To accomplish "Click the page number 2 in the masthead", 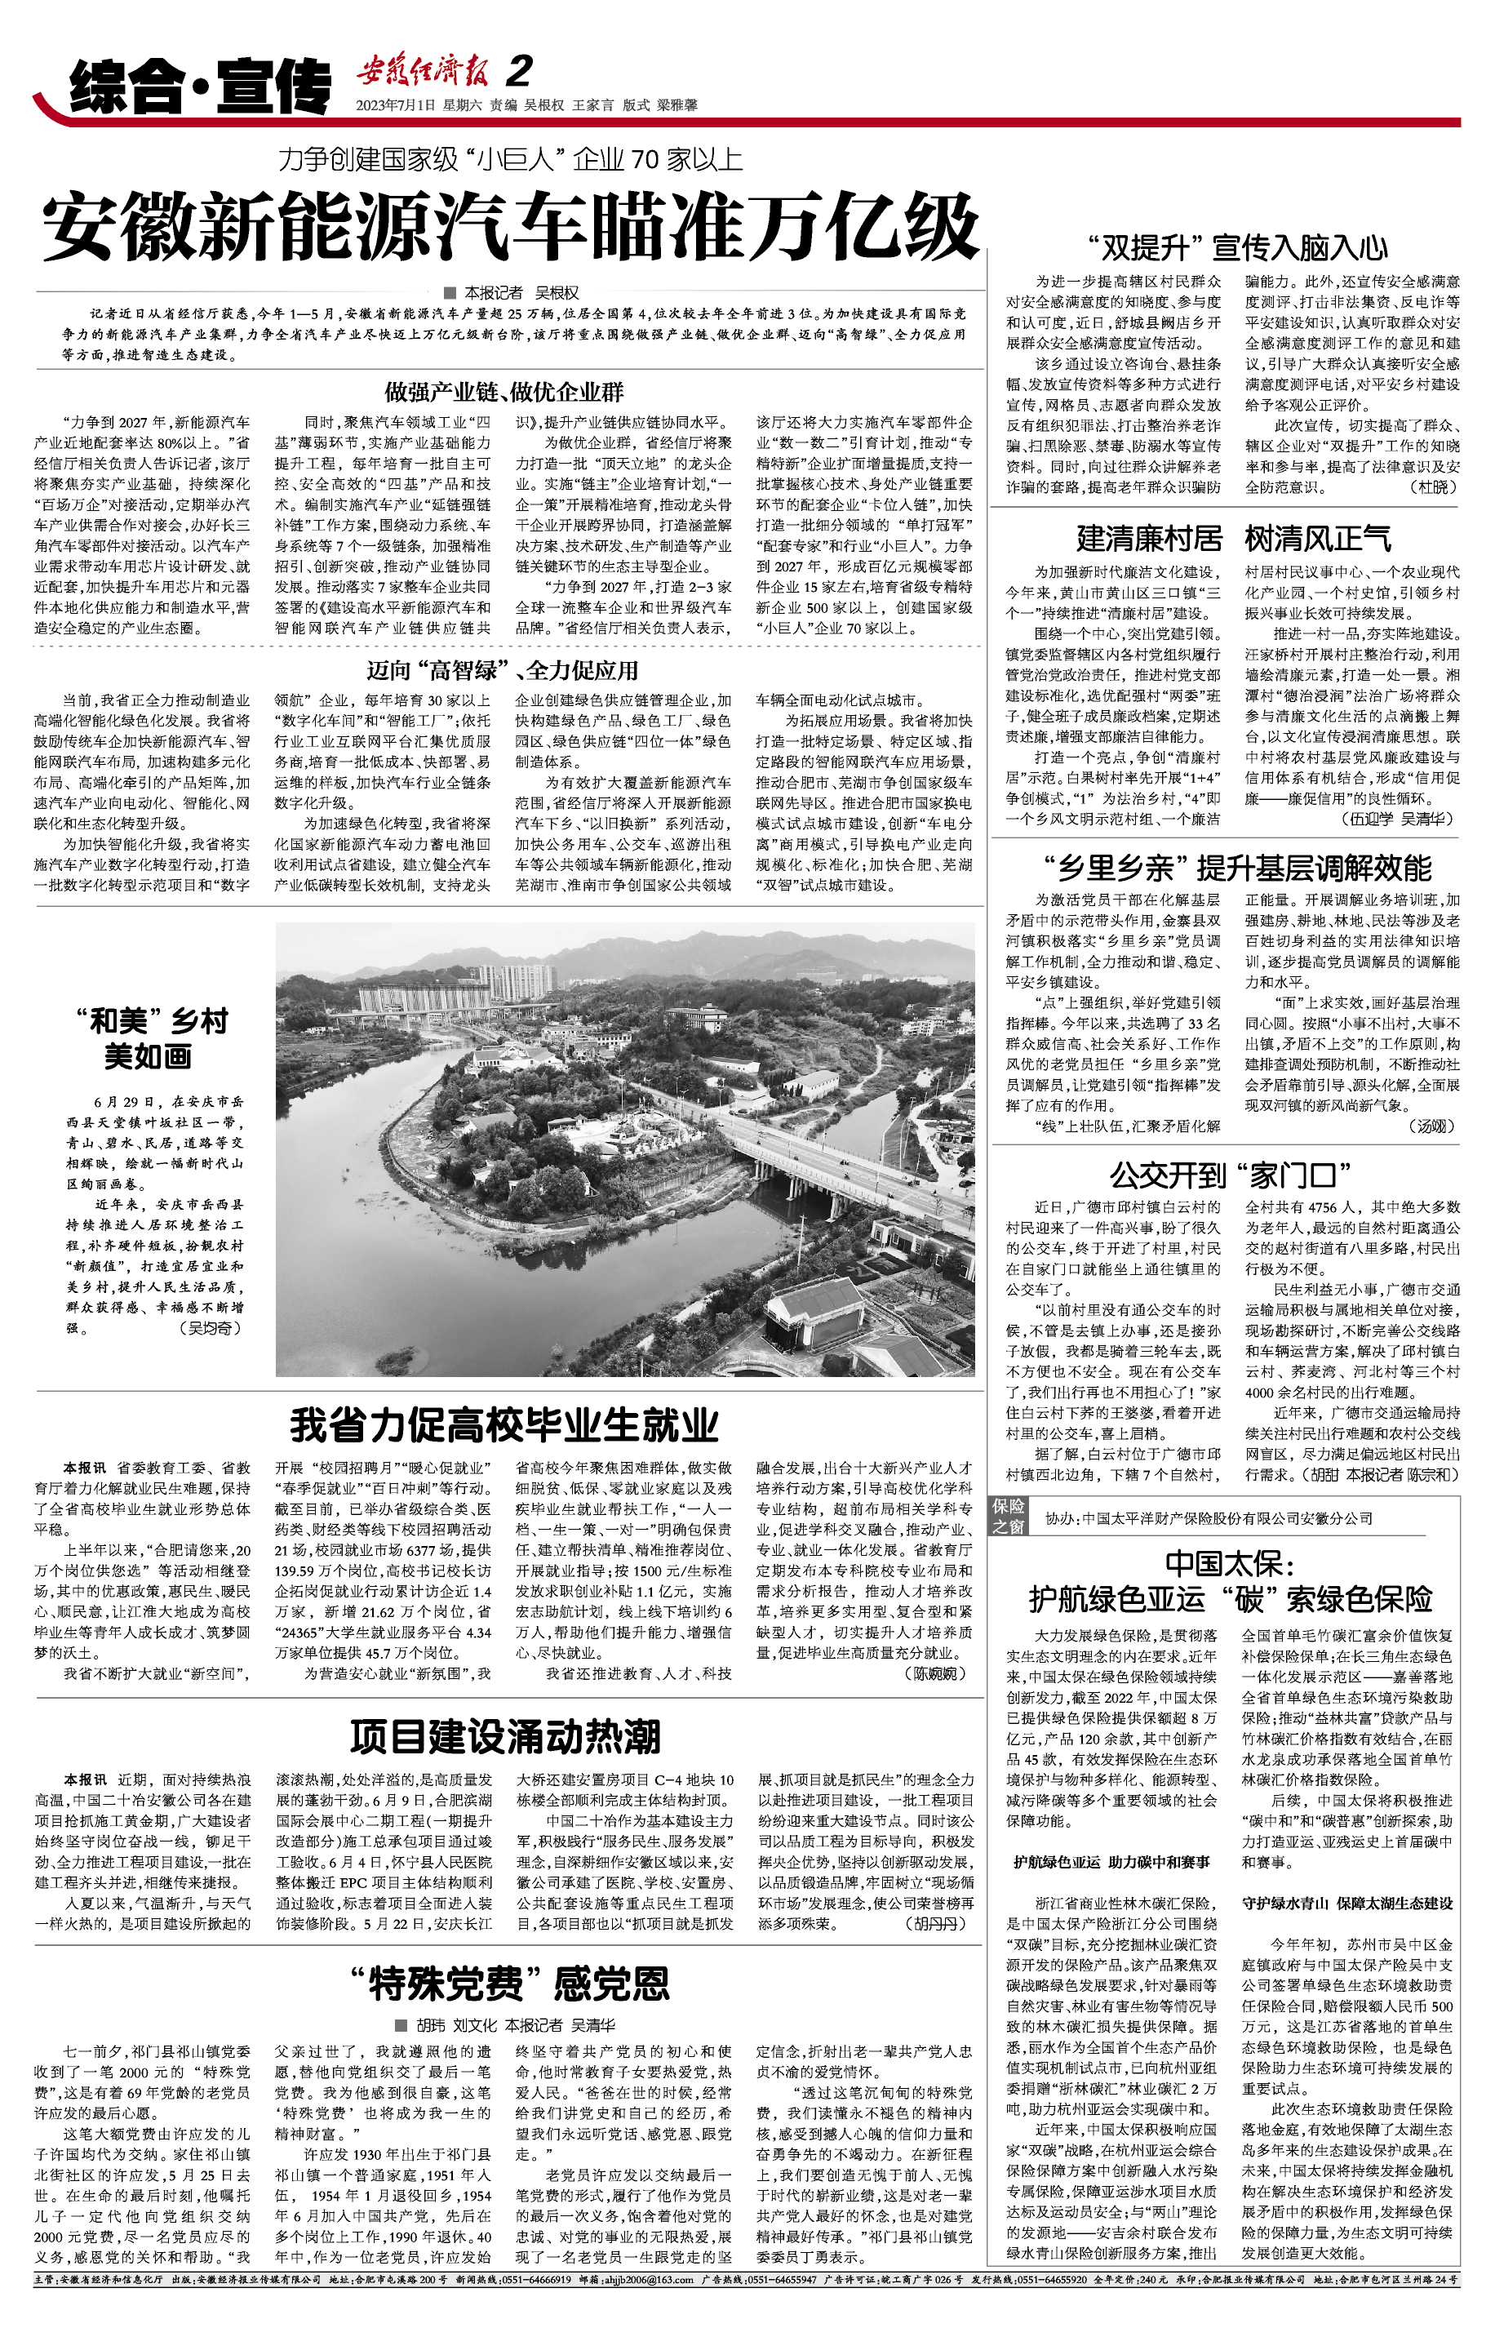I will click(521, 71).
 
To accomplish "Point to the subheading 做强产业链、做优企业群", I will click(504, 393).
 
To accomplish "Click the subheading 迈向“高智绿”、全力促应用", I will click(502, 670).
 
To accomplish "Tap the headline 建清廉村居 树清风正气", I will click(1233, 538).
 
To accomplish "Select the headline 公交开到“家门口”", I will click(1230, 1175).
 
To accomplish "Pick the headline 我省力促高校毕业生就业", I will click(504, 1425).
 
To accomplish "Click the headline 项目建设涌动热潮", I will click(505, 1737).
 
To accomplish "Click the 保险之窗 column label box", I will click(1008, 1516).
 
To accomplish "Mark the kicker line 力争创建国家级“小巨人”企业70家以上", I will click(510, 159).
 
